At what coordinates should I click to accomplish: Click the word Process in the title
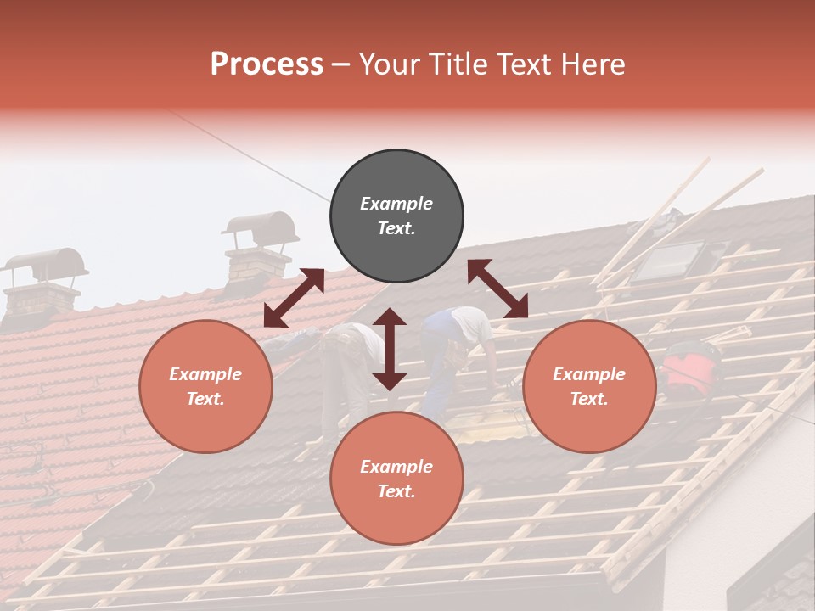267,64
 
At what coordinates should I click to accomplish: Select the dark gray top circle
396,216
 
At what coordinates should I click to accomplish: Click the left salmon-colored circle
205,386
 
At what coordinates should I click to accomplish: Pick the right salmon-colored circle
589,386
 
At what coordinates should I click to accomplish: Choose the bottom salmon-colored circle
396,479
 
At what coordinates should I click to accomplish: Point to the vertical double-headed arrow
390,349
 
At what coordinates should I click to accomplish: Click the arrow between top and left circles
294,298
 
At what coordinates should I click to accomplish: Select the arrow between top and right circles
498,289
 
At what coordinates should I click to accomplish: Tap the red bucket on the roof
689,372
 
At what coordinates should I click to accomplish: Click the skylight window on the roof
668,261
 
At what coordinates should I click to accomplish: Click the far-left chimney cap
47,265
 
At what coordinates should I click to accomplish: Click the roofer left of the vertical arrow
348,365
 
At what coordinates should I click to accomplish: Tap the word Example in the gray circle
396,204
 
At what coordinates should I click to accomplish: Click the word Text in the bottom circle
396,491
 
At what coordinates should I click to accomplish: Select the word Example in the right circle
589,374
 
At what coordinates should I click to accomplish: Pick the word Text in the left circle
205,399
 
